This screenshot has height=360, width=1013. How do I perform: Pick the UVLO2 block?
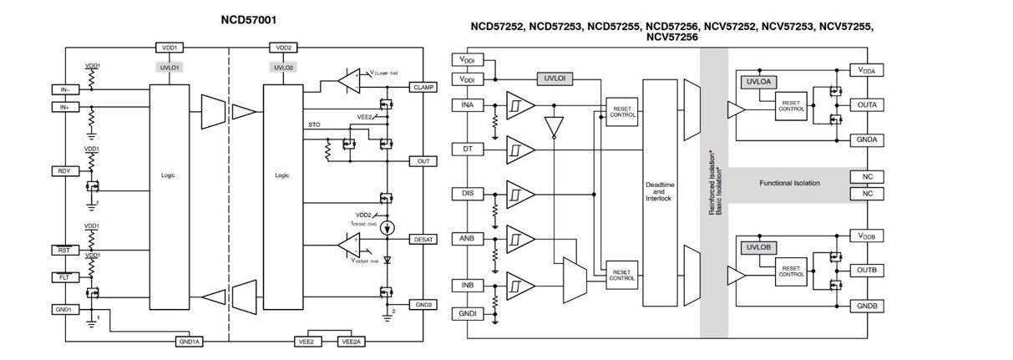pyautogui.click(x=282, y=67)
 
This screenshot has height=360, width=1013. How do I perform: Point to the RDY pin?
pyautogui.click(x=63, y=170)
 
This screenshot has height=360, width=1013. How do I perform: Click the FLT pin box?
pyautogui.click(x=63, y=276)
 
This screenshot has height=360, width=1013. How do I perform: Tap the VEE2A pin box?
pyautogui.click(x=351, y=341)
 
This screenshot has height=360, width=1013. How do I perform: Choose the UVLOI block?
pyautogui.click(x=555, y=78)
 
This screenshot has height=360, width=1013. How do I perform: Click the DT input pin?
pyautogui.click(x=467, y=148)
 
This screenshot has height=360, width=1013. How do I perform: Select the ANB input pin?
pyautogui.click(x=467, y=237)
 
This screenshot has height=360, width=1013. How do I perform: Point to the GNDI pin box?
pyautogui.click(x=467, y=312)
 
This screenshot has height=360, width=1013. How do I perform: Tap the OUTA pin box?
pyautogui.click(x=866, y=105)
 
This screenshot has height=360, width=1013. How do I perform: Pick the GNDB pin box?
pyautogui.click(x=866, y=307)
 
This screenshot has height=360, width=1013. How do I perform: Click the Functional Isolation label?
pyautogui.click(x=789, y=183)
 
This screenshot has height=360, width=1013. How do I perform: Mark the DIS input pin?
pyautogui.click(x=467, y=193)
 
